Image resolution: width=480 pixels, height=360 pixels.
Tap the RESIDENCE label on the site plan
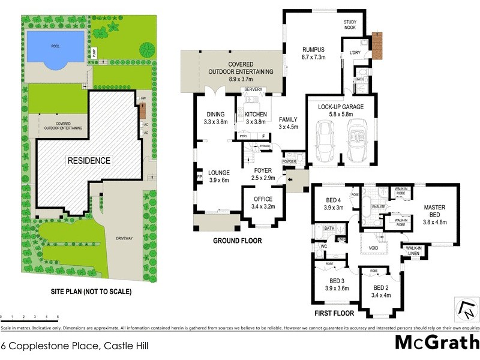pos(88,160)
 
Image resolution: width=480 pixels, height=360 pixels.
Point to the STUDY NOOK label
pos(350,25)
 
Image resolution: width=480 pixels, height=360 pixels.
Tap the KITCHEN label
pos(255,114)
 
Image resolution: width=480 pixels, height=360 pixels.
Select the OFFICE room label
pos(263,199)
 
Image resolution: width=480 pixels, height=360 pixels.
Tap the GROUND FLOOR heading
pos(237,241)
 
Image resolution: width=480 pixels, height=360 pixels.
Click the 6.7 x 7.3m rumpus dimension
pos(313,58)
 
